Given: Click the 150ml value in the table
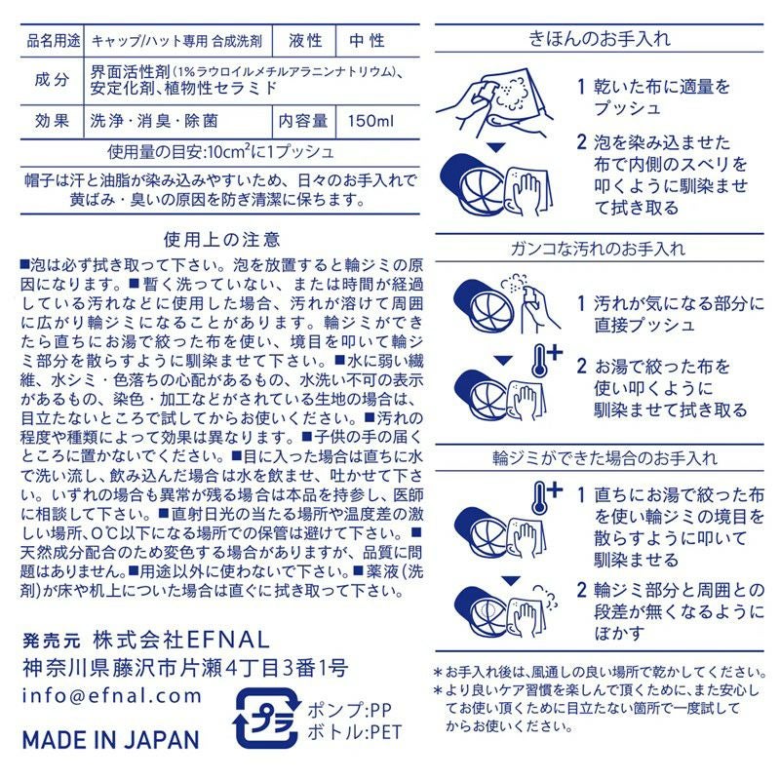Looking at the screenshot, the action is pos(370,121).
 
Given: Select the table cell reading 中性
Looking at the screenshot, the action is pos(368,40).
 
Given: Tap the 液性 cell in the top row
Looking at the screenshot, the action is pos(305,40).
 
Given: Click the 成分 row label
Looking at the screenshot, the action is pos(52,79).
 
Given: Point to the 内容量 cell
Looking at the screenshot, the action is pos(303,121).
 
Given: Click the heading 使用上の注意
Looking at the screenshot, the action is pos(222,239).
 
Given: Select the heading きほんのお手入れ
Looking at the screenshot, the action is pos(600,38).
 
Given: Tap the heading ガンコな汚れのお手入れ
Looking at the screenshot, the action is pos(599,249).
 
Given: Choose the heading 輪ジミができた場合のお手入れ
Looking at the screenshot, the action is pos(604,457).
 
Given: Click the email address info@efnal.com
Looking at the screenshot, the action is pos(111,695).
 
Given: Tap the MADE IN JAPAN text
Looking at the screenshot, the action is pos(111,740).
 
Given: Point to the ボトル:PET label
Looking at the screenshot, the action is pos(354,732).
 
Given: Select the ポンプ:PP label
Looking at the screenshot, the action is pos(349,710).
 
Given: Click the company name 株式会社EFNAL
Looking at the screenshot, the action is pos(181,640).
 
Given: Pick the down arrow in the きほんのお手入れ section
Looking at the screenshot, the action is pos(495,148).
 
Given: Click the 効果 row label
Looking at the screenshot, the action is pos(52,121).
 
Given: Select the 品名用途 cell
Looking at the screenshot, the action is pos(54,41).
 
